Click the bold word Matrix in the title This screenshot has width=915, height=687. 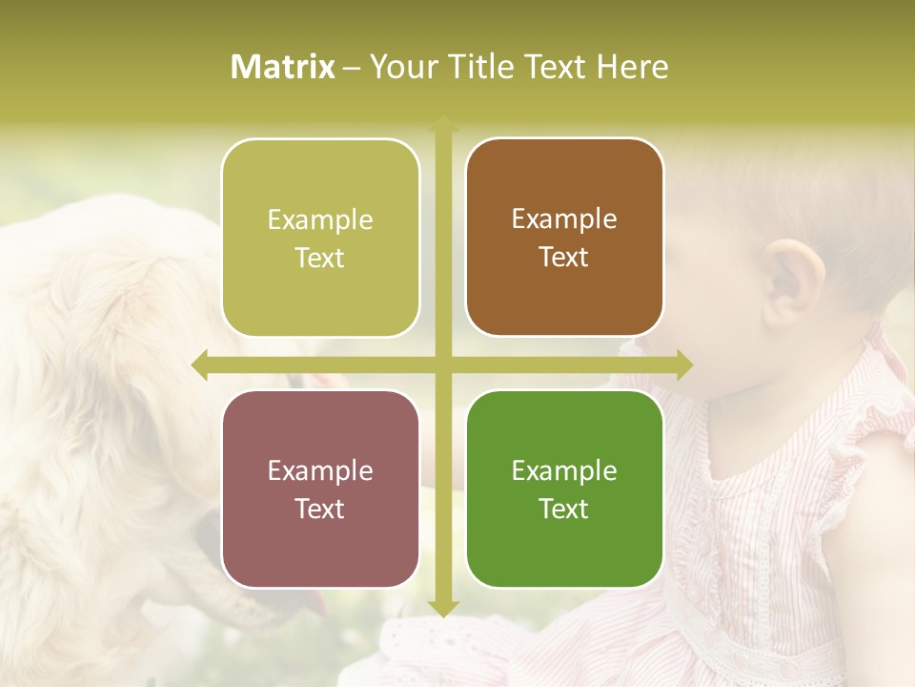click(283, 67)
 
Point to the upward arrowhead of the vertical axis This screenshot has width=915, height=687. click(442, 125)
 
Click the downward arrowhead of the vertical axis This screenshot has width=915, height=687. click(442, 608)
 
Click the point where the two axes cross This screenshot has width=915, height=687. click(442, 365)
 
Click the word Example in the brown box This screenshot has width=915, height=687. click(564, 219)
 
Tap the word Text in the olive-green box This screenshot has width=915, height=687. click(319, 258)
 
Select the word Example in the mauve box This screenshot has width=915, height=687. click(319, 470)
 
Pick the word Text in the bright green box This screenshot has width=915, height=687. click(564, 509)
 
